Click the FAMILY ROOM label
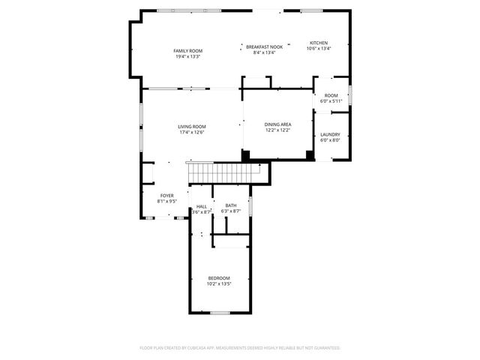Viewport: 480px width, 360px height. click(x=188, y=50)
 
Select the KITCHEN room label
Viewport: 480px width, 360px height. click(x=319, y=43)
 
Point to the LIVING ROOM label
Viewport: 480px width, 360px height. click(x=191, y=127)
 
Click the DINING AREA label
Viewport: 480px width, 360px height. click(x=277, y=124)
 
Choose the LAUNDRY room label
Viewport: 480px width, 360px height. click(x=330, y=134)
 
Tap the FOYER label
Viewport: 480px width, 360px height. click(x=166, y=195)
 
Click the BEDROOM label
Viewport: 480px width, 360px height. click(x=219, y=278)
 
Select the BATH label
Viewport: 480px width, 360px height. click(x=230, y=205)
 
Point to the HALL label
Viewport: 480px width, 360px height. click(x=202, y=206)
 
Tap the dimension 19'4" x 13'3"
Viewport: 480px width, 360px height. click(x=188, y=56)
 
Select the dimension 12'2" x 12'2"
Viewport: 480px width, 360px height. click(x=277, y=130)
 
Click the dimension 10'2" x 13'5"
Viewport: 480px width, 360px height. click(x=219, y=284)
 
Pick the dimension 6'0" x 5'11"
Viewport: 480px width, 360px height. click(x=331, y=101)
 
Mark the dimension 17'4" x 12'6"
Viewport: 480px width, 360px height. click(x=191, y=133)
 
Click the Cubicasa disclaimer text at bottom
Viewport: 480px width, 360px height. click(x=240, y=348)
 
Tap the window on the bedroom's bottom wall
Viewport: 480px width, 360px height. click(x=220, y=313)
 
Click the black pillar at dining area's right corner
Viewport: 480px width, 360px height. click(x=309, y=155)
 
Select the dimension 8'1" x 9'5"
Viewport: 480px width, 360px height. click(x=166, y=201)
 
